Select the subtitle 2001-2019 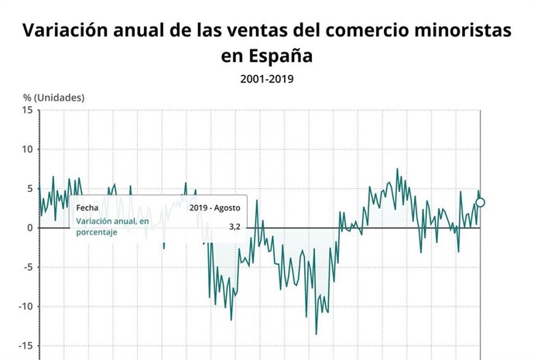click(x=267, y=78)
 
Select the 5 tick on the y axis click(x=29, y=189)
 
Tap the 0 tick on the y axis click(x=29, y=228)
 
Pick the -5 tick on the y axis click(x=27, y=267)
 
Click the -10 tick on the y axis click(x=25, y=307)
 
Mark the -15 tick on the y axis click(x=25, y=345)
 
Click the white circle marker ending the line click(x=481, y=203)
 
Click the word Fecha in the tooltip click(x=87, y=207)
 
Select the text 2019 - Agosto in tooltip click(x=215, y=207)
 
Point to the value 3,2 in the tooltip click(x=235, y=227)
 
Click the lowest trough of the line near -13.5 click(x=316, y=334)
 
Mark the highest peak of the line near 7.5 click(x=398, y=169)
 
